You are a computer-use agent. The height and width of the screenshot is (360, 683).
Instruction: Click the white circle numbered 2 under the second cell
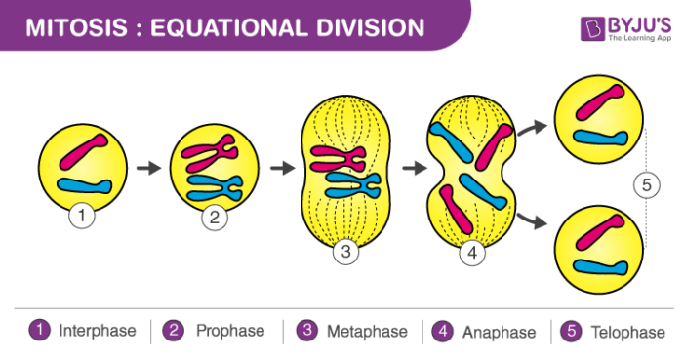click(215, 217)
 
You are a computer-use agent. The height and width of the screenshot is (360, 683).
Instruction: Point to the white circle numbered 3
click(345, 253)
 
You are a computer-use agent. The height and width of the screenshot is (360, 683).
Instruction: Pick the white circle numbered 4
click(472, 253)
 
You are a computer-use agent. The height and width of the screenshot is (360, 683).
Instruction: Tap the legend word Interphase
click(98, 331)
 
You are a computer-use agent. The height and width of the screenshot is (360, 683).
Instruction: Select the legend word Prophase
click(229, 331)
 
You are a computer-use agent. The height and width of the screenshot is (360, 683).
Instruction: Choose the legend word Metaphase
click(367, 332)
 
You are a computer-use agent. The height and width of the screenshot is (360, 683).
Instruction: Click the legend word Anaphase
click(499, 332)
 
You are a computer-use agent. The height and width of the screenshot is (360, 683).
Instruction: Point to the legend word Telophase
click(626, 332)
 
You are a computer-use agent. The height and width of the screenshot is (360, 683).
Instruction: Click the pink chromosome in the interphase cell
click(83, 152)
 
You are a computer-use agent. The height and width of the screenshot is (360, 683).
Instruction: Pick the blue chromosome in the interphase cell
click(85, 184)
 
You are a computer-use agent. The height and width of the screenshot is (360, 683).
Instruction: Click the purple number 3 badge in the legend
click(307, 331)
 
